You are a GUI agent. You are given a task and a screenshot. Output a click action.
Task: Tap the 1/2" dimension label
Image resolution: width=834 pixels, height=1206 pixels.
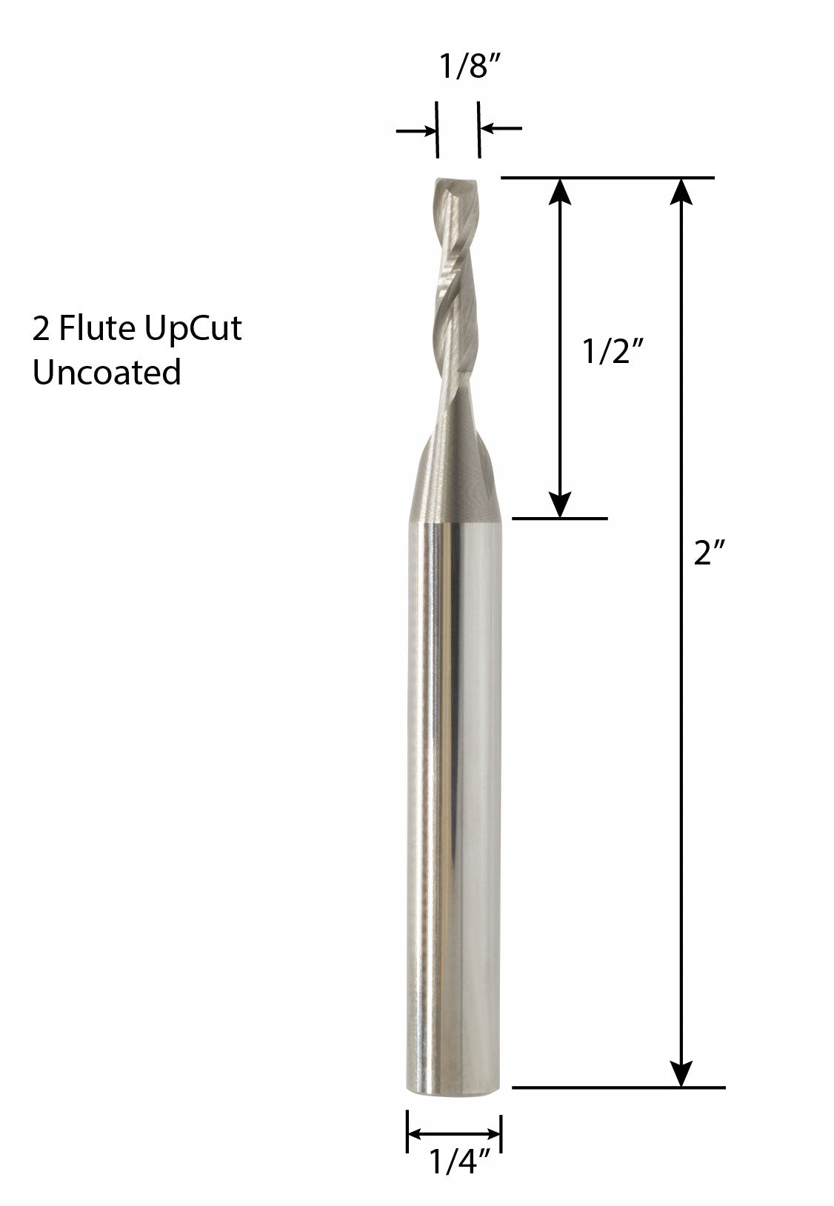click(610, 353)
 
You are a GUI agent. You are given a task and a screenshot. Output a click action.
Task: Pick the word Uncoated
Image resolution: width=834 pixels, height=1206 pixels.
click(107, 372)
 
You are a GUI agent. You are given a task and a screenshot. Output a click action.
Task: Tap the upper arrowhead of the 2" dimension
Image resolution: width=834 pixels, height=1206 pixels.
click(681, 191)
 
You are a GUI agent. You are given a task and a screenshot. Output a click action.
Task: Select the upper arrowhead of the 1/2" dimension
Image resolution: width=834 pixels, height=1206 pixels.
click(561, 191)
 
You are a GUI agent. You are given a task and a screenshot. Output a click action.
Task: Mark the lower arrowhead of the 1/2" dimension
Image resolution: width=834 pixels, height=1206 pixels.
click(561, 504)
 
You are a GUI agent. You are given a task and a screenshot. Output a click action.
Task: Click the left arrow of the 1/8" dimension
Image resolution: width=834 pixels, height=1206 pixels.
click(416, 131)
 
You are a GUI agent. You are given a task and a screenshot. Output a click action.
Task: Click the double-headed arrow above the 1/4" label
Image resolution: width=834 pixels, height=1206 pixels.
click(454, 1134)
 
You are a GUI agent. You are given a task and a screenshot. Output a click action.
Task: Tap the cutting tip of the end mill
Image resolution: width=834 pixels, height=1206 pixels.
click(454, 185)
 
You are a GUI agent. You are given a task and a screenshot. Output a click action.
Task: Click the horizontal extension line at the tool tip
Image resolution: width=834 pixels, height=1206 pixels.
click(607, 178)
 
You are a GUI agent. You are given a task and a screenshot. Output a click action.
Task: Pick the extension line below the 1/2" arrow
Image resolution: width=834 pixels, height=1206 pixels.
click(560, 518)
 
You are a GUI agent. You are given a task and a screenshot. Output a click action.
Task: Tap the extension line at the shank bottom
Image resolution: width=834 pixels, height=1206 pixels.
click(618, 1087)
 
